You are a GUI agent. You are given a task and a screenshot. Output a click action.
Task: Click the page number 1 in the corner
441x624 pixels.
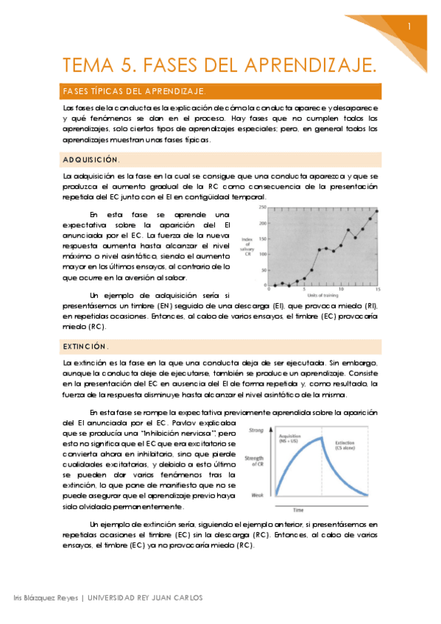pyautogui.click(x=409, y=26)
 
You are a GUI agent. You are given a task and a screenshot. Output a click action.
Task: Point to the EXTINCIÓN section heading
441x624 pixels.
pyautogui.click(x=86, y=346)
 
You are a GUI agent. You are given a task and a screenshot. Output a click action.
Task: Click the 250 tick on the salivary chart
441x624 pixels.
pyautogui.click(x=263, y=207)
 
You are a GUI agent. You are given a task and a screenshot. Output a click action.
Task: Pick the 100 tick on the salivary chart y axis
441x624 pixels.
pyautogui.click(x=263, y=253)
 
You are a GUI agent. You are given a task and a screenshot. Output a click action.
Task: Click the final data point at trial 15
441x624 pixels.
pyautogui.click(x=376, y=211)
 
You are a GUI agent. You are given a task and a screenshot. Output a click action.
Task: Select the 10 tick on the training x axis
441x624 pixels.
pyautogui.click(x=340, y=290)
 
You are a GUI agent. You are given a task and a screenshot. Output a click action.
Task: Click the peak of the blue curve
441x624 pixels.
pyautogui.click(x=325, y=438)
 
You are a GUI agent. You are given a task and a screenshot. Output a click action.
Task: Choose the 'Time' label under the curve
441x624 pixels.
pyautogui.click(x=320, y=508)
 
